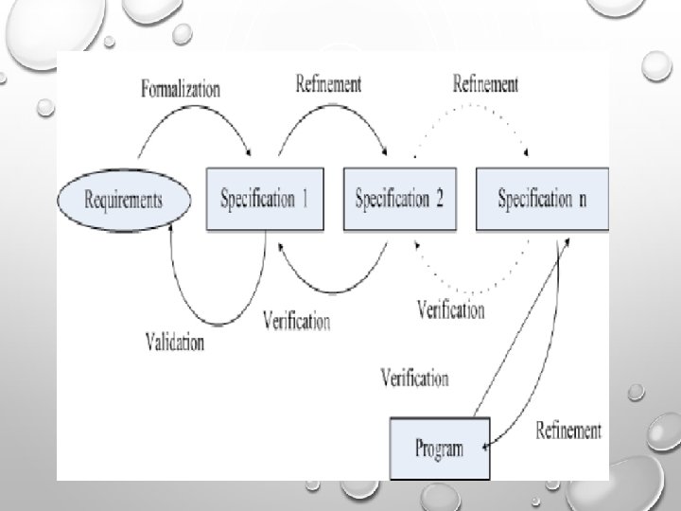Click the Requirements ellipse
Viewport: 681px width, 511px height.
click(x=124, y=200)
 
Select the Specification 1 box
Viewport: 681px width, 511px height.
click(x=265, y=199)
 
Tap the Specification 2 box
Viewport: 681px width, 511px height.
click(x=399, y=199)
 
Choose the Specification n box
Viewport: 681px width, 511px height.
click(x=541, y=199)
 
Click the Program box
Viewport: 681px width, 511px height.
click(x=440, y=449)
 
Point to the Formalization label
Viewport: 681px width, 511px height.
click(x=181, y=90)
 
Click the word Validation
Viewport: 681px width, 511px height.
click(x=175, y=341)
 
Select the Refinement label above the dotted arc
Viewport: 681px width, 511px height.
click(x=485, y=84)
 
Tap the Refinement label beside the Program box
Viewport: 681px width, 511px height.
click(x=568, y=431)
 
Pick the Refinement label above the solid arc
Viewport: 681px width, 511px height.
click(x=328, y=84)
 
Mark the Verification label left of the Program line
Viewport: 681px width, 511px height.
click(x=414, y=379)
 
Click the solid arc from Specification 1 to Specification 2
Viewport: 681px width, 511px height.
click(x=327, y=111)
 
